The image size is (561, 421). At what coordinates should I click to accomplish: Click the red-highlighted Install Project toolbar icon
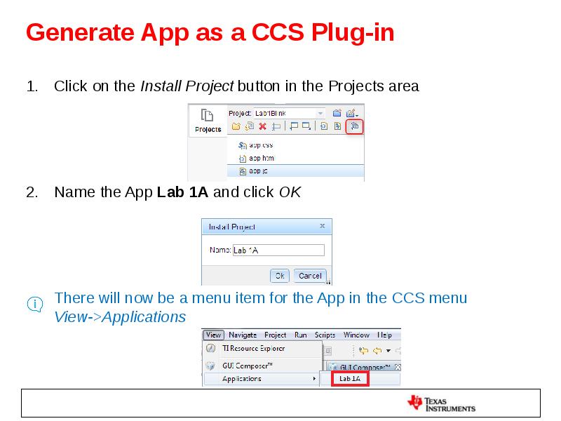click(355, 126)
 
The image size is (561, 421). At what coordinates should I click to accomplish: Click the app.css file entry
click(260, 145)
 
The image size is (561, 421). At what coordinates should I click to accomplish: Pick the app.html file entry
click(261, 158)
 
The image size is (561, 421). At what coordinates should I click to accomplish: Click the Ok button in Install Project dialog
click(279, 276)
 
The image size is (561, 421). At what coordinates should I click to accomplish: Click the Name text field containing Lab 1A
click(278, 250)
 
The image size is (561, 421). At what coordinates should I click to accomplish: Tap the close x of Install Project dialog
click(322, 227)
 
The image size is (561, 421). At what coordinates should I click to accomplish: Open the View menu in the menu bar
click(213, 335)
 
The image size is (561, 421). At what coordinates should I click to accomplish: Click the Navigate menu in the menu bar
click(243, 335)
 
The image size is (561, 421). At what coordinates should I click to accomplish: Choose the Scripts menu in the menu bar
click(325, 335)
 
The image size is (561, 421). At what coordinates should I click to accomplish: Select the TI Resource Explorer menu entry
click(253, 348)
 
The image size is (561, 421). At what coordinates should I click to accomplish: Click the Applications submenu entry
click(242, 379)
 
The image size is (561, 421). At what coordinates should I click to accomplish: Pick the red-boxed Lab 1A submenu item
click(349, 379)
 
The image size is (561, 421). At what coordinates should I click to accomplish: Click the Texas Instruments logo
click(442, 403)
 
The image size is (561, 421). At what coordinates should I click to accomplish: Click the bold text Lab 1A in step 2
click(182, 192)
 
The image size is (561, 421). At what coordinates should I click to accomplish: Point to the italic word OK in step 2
click(290, 192)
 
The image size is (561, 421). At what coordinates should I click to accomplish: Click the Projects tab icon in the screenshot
click(208, 120)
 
